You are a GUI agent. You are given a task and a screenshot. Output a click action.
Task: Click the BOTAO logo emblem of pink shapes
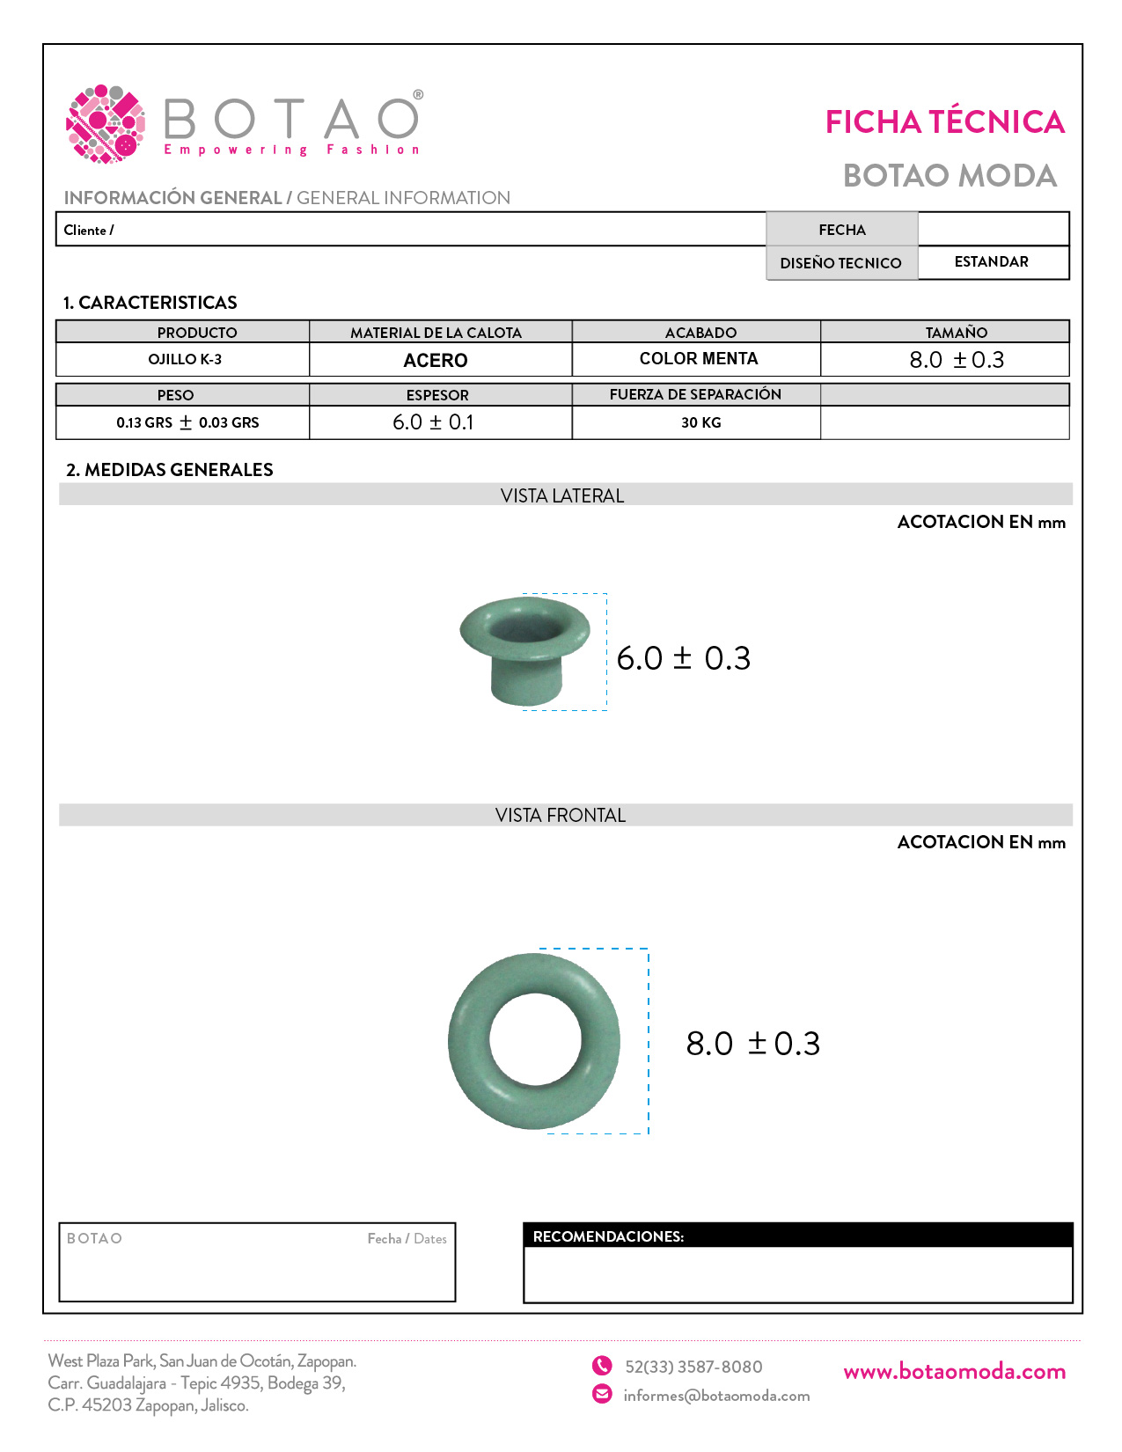(105, 124)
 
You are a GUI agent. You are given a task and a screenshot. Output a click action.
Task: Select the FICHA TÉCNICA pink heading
(944, 122)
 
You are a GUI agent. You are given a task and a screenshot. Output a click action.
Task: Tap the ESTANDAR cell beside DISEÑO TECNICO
(992, 262)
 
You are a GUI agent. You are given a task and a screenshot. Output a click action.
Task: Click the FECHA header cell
(842, 230)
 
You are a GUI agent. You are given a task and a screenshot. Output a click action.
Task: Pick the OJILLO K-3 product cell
(185, 359)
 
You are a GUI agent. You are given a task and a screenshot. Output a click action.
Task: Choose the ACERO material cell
(436, 360)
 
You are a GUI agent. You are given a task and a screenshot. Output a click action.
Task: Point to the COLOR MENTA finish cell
(699, 359)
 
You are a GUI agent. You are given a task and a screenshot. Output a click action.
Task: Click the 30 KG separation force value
(701, 422)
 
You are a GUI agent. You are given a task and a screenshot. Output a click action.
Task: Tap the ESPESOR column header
(437, 395)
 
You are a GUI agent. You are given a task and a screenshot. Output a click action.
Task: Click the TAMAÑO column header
(957, 333)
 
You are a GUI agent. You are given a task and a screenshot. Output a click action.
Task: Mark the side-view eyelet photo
(525, 650)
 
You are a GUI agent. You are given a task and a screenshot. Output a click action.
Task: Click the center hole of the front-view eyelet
(536, 1041)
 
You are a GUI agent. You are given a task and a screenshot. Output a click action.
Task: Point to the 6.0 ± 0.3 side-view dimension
(684, 658)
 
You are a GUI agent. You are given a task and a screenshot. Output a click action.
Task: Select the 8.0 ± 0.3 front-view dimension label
(753, 1044)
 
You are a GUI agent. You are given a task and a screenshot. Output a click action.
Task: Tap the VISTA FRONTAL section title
(561, 816)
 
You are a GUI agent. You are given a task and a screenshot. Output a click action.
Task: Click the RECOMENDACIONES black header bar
(797, 1236)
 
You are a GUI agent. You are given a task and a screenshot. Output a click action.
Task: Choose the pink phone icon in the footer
(602, 1366)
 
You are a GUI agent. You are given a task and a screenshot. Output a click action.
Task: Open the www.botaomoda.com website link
(955, 1371)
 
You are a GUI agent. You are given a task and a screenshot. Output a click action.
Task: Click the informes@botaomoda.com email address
(716, 1396)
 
